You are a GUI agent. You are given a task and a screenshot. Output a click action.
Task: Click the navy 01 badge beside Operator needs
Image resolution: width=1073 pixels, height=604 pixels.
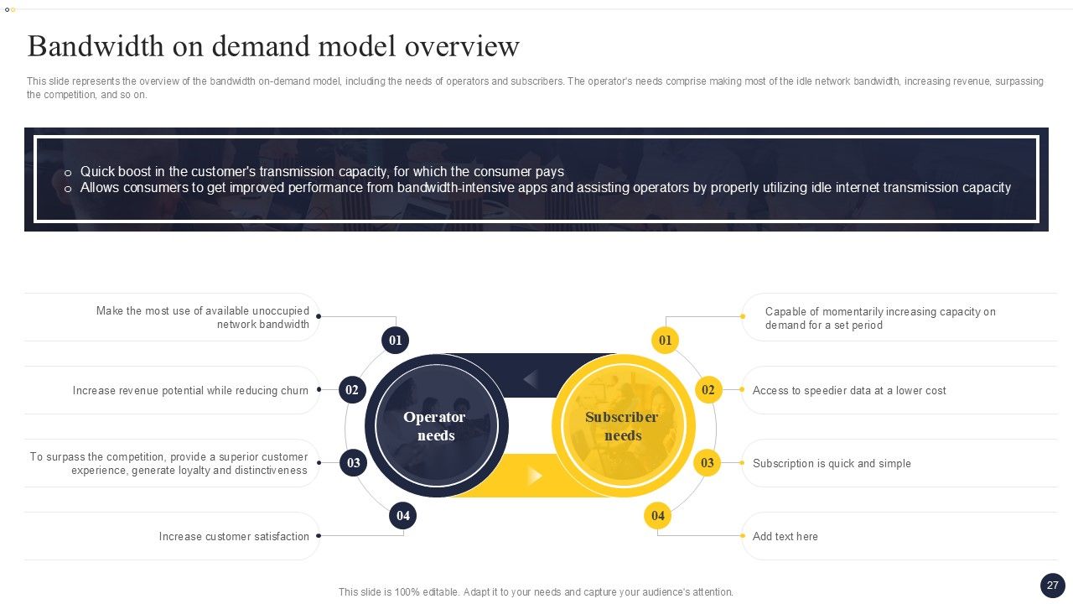pos(395,341)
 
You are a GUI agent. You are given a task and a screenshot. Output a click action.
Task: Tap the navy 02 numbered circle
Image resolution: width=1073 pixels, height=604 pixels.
pos(352,390)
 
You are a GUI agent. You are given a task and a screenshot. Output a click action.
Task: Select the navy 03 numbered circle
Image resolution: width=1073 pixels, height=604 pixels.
pos(353,463)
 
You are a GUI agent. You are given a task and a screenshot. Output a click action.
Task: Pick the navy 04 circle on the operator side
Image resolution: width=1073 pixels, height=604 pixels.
pos(403,516)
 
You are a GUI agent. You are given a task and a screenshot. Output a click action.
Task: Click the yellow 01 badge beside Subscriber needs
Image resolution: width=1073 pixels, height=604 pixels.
pos(666,341)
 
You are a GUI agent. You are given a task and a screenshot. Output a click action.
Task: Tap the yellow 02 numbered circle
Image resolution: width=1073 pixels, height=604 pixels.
pos(708,390)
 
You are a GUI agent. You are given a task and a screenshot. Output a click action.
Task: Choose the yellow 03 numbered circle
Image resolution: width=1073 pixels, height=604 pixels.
pos(708,463)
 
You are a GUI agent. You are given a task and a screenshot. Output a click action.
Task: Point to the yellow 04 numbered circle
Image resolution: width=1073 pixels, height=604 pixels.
pos(657,516)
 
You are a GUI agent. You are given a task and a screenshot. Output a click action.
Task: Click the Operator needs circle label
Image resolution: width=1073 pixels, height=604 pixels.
pos(435,426)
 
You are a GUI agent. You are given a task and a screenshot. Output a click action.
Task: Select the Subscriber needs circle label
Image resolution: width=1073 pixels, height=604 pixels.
pos(622,426)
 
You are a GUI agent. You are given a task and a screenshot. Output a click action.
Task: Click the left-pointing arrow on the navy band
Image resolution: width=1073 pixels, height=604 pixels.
pos(530,380)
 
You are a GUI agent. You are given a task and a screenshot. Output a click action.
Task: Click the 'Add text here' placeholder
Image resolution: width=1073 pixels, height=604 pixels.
pos(785,537)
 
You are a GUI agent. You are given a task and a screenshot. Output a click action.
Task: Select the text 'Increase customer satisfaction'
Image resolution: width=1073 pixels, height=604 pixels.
pos(234,537)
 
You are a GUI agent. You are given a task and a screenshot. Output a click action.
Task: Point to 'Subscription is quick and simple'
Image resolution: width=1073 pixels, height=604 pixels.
pos(832,464)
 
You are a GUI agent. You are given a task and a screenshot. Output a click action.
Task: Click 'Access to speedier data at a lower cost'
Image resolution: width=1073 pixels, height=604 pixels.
pos(849,391)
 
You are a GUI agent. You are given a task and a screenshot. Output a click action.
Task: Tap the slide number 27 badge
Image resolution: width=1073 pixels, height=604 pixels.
pos(1052,586)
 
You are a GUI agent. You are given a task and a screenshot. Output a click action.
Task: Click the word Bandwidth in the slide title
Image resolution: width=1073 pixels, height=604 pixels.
pos(95,46)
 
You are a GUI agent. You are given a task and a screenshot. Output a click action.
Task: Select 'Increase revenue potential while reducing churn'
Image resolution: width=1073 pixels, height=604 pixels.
pos(190,391)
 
